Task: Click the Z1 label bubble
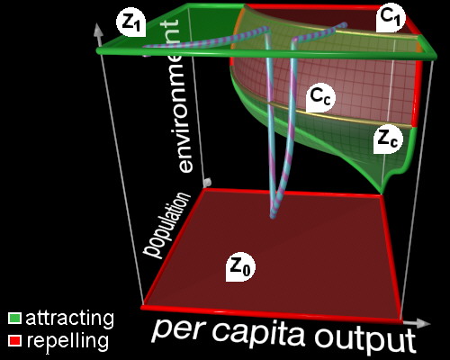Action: (x=131, y=22)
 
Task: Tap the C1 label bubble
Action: (x=391, y=18)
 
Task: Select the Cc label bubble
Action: (x=320, y=97)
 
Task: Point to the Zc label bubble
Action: (x=388, y=139)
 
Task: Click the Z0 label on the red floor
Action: (x=240, y=266)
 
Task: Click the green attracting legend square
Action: (x=14, y=319)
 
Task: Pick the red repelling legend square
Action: (x=14, y=341)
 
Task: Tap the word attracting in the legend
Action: (x=70, y=319)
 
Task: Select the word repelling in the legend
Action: (x=67, y=341)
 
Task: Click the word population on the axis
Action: (x=166, y=225)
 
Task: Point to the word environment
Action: (x=179, y=96)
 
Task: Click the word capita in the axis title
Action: (x=260, y=333)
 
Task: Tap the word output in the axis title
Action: (x=365, y=338)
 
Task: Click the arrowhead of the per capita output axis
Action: (x=423, y=323)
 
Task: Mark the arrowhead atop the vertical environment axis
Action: (x=98, y=30)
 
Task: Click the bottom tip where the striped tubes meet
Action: (x=273, y=216)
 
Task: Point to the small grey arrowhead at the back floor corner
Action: (x=208, y=182)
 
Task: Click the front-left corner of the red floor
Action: (x=142, y=307)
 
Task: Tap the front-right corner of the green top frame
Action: (x=435, y=56)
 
